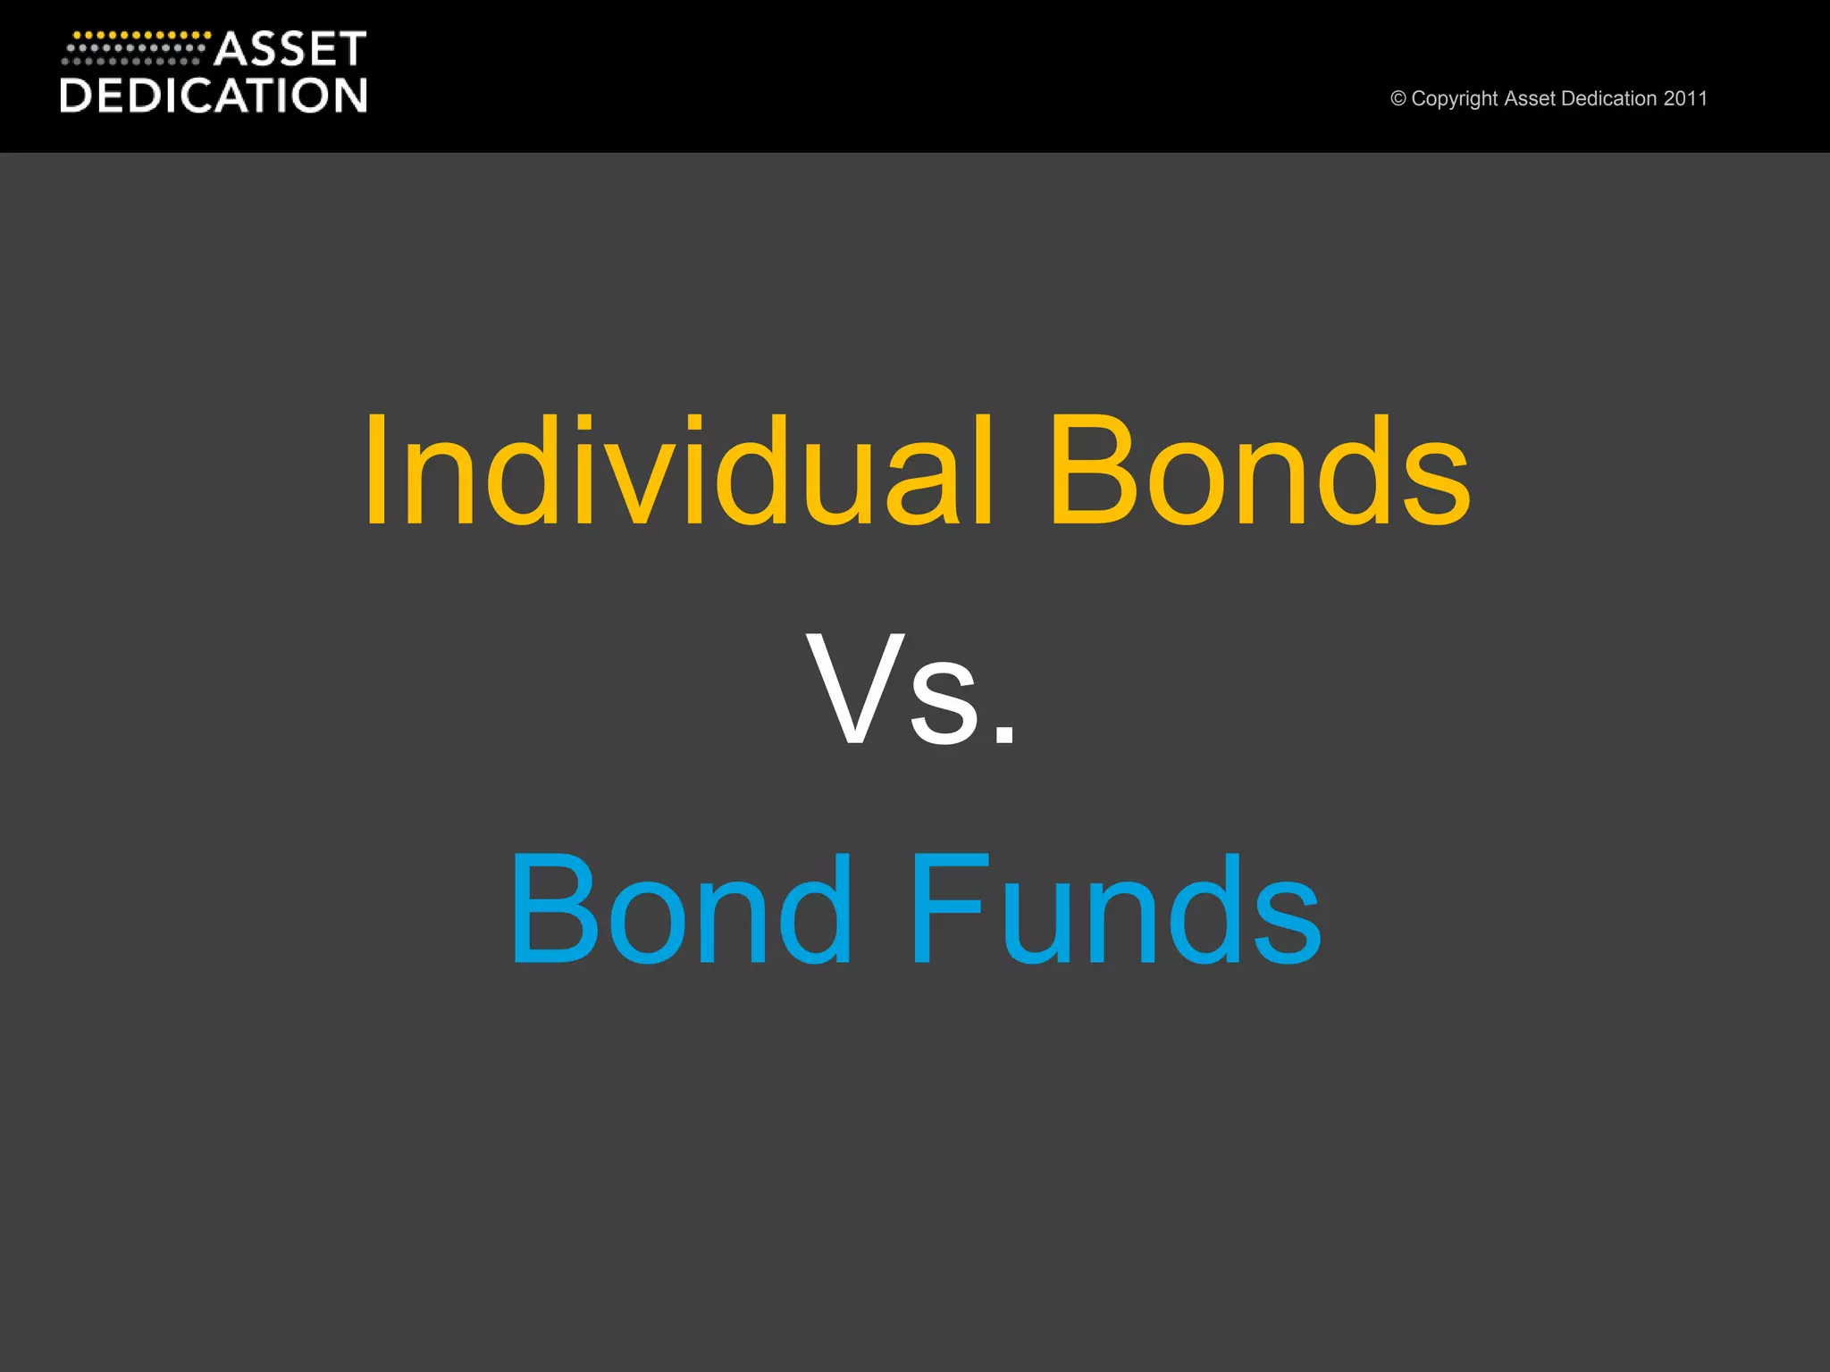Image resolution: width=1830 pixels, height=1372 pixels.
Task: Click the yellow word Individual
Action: (679, 472)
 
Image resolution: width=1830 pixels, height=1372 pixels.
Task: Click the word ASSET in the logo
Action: (290, 49)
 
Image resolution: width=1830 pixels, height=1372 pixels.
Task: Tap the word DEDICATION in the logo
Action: (214, 96)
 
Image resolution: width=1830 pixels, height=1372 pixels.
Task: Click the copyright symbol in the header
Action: (1398, 99)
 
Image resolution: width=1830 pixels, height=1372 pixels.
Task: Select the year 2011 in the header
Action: (1685, 98)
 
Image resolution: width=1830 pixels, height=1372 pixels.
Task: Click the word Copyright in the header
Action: (1455, 99)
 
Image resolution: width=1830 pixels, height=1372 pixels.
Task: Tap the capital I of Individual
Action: (376, 472)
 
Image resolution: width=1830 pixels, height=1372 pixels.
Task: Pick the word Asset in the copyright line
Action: (1529, 98)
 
